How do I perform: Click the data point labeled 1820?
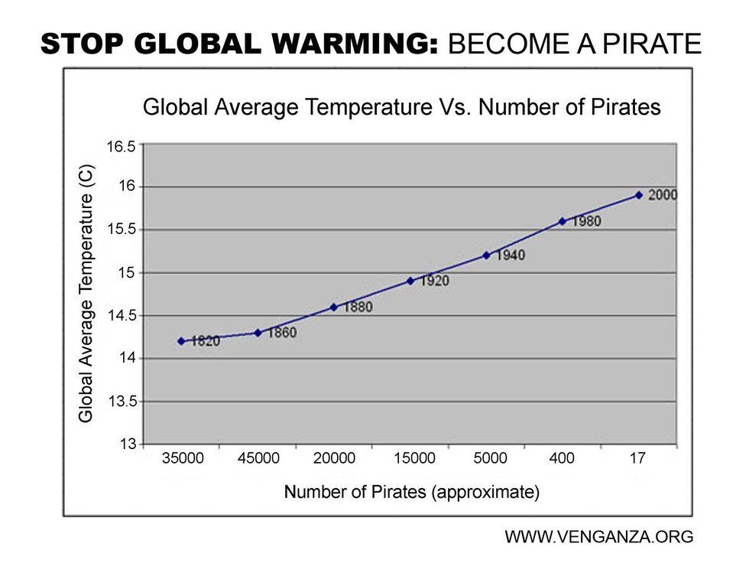pos(181,341)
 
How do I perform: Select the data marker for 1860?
pos(258,333)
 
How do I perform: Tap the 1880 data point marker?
pos(333,307)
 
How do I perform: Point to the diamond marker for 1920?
pos(410,281)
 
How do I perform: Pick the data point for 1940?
pos(486,255)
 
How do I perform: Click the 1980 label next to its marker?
pos(585,221)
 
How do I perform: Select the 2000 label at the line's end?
pos(662,195)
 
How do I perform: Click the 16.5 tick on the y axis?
pos(121,145)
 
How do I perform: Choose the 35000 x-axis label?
pos(183,459)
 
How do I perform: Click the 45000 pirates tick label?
pos(258,459)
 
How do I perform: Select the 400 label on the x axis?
pos(562,459)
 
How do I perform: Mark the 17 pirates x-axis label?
pos(637,459)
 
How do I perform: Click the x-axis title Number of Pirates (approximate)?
pos(411,492)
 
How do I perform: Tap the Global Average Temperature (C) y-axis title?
pos(86,293)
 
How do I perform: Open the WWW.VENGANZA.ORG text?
pos(598,537)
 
